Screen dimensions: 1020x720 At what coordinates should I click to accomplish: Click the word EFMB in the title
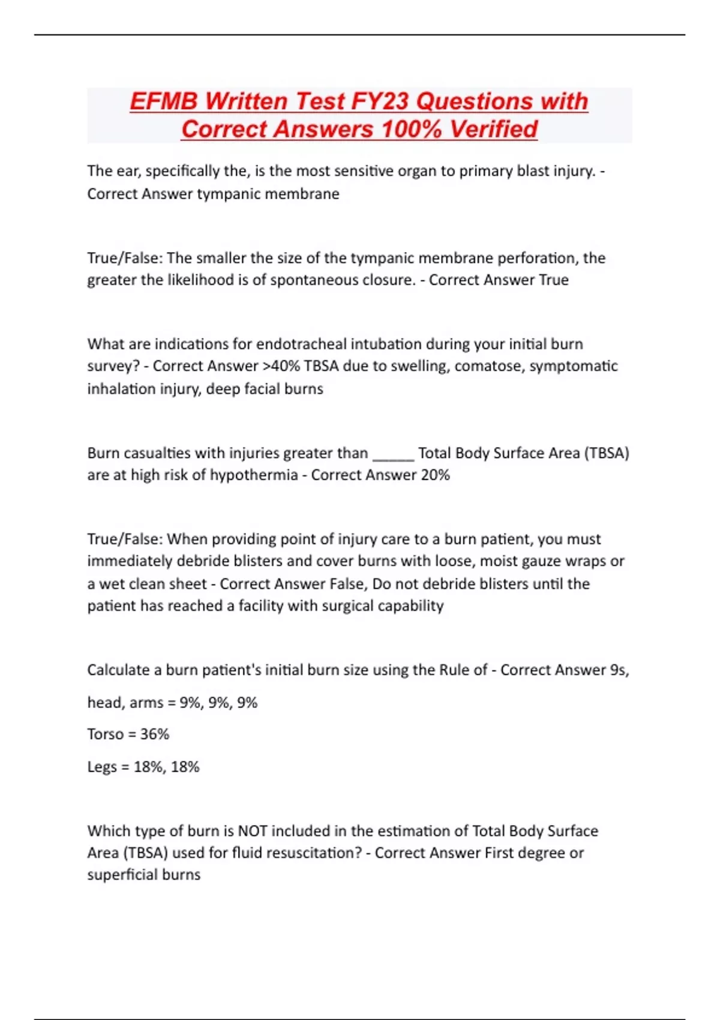click(x=164, y=101)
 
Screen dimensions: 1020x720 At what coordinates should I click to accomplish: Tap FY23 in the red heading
click(x=380, y=101)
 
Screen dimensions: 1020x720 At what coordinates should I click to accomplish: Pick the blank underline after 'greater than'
click(x=393, y=454)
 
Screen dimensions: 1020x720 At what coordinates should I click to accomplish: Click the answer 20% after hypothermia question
click(x=435, y=475)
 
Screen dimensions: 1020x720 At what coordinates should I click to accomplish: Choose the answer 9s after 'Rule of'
click(x=618, y=670)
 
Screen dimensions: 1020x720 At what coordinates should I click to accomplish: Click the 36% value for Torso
click(x=155, y=734)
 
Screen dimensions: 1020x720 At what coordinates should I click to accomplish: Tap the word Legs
click(x=101, y=767)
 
